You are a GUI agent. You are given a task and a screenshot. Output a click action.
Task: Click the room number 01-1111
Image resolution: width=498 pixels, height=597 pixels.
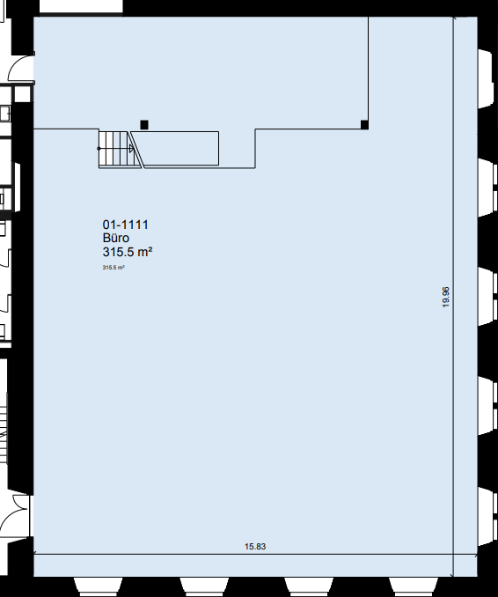(125, 225)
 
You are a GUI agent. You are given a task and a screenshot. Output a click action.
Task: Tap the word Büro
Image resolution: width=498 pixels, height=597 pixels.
(115, 238)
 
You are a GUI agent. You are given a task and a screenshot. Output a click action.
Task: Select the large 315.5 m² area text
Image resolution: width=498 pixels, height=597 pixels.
(128, 252)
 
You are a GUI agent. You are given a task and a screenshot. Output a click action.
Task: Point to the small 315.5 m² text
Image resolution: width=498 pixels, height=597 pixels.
(114, 268)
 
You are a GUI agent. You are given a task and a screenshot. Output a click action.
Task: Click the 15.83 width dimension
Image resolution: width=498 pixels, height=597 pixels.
(255, 547)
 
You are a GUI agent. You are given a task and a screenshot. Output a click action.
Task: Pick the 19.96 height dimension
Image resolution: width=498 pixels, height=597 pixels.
(446, 297)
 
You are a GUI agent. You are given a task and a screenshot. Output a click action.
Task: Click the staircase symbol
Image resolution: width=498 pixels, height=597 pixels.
(120, 149)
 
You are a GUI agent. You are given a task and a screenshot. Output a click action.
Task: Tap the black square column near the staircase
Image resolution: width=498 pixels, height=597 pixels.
(144, 124)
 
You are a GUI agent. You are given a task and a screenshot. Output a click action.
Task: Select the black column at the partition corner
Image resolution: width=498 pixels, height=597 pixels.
(364, 124)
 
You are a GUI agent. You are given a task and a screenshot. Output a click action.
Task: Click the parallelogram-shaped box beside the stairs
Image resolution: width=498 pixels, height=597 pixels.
(175, 149)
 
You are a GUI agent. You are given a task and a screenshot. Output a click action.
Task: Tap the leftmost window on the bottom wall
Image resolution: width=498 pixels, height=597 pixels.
(99, 586)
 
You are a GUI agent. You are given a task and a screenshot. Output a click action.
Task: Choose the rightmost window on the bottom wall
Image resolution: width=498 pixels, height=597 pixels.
(414, 586)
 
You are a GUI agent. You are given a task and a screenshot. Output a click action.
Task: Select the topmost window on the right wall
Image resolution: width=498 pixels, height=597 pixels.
(487, 79)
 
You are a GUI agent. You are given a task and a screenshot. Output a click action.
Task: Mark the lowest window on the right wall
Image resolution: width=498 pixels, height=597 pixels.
(487, 516)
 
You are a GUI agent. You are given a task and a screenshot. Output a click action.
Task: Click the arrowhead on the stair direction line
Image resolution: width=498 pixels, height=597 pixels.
(132, 149)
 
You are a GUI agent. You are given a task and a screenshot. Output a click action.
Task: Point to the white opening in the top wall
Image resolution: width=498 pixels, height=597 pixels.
(81, 5)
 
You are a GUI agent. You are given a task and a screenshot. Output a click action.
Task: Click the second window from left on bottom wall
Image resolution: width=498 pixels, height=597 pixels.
(204, 586)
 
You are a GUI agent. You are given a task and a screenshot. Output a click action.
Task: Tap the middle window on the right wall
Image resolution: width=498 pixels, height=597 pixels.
(487, 297)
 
